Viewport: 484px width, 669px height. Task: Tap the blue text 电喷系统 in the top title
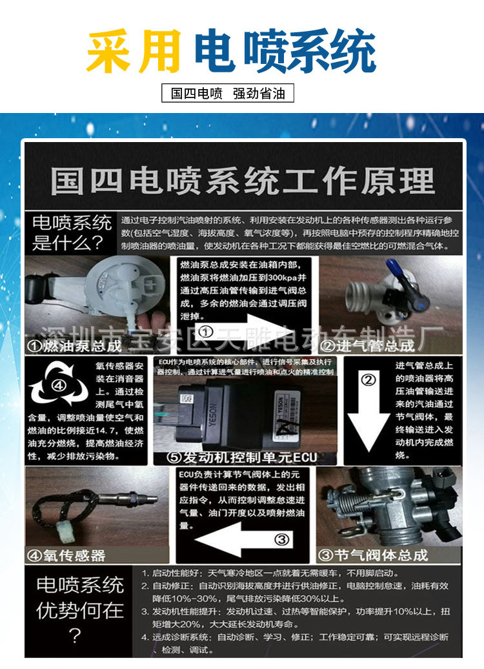click(285, 52)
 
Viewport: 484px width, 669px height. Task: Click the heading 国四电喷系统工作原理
click(243, 181)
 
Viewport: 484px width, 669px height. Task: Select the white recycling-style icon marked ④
click(58, 386)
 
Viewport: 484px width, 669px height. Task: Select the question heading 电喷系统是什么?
click(72, 233)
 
